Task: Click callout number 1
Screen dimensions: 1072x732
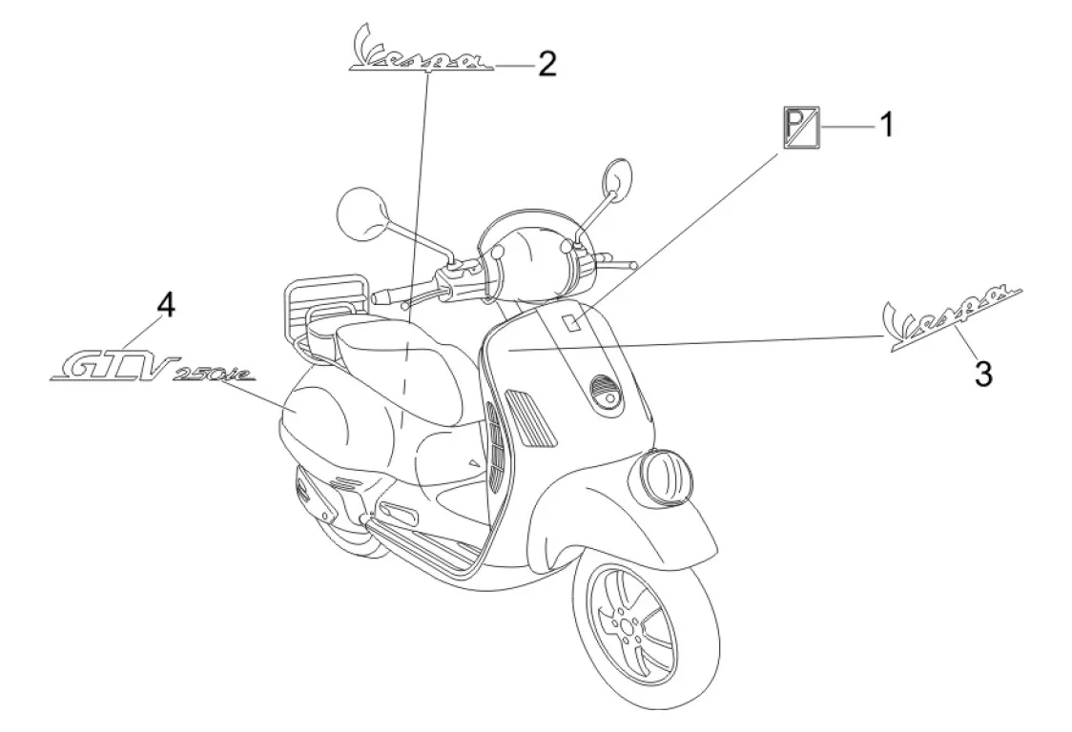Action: tap(885, 124)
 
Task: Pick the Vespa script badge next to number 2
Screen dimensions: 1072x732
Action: tap(421, 53)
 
